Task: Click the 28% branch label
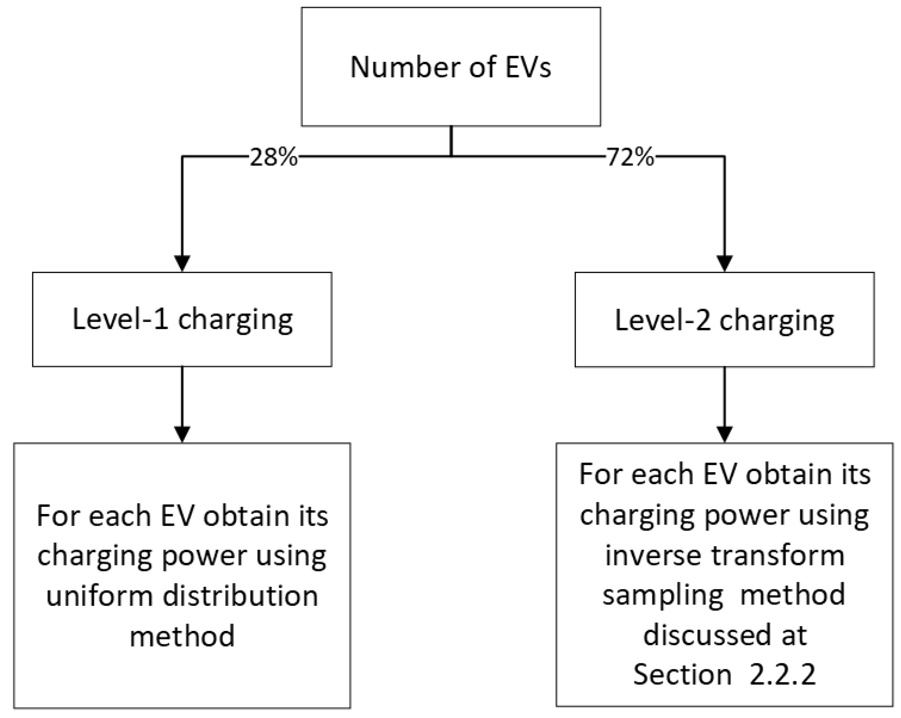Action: (273, 158)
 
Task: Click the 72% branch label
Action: (630, 158)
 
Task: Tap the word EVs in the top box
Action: (528, 67)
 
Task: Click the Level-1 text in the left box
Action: (120, 319)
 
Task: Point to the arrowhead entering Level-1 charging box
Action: (182, 263)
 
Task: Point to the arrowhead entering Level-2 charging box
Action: (724, 263)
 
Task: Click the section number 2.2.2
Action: (782, 675)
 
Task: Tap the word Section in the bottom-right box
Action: (682, 675)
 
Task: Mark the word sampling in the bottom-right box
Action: (662, 596)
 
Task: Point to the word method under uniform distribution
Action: (182, 636)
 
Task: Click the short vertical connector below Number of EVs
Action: (451, 141)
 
